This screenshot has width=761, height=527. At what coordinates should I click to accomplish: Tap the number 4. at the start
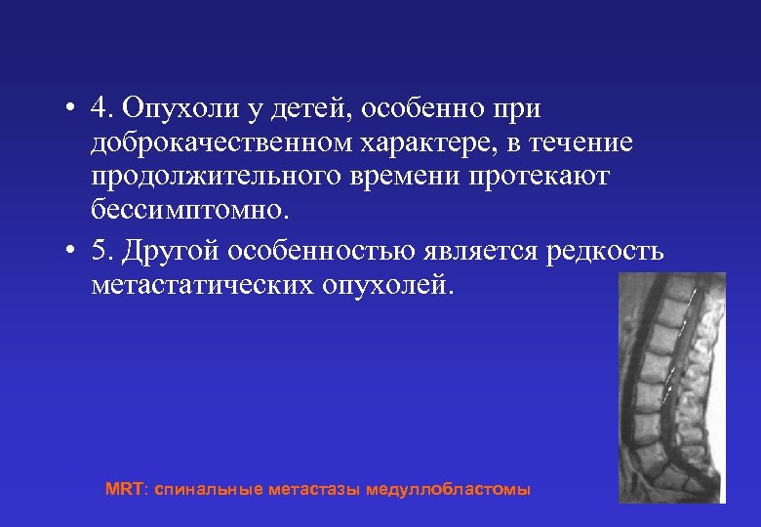tap(103, 108)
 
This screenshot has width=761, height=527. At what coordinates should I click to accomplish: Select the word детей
tap(290, 108)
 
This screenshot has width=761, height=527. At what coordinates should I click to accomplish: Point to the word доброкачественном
tap(220, 143)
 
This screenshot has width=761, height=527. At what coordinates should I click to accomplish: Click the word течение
tap(586, 143)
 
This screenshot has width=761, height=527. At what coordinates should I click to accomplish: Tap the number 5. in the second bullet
tap(102, 251)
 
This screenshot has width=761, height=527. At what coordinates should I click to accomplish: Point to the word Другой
tap(171, 251)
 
